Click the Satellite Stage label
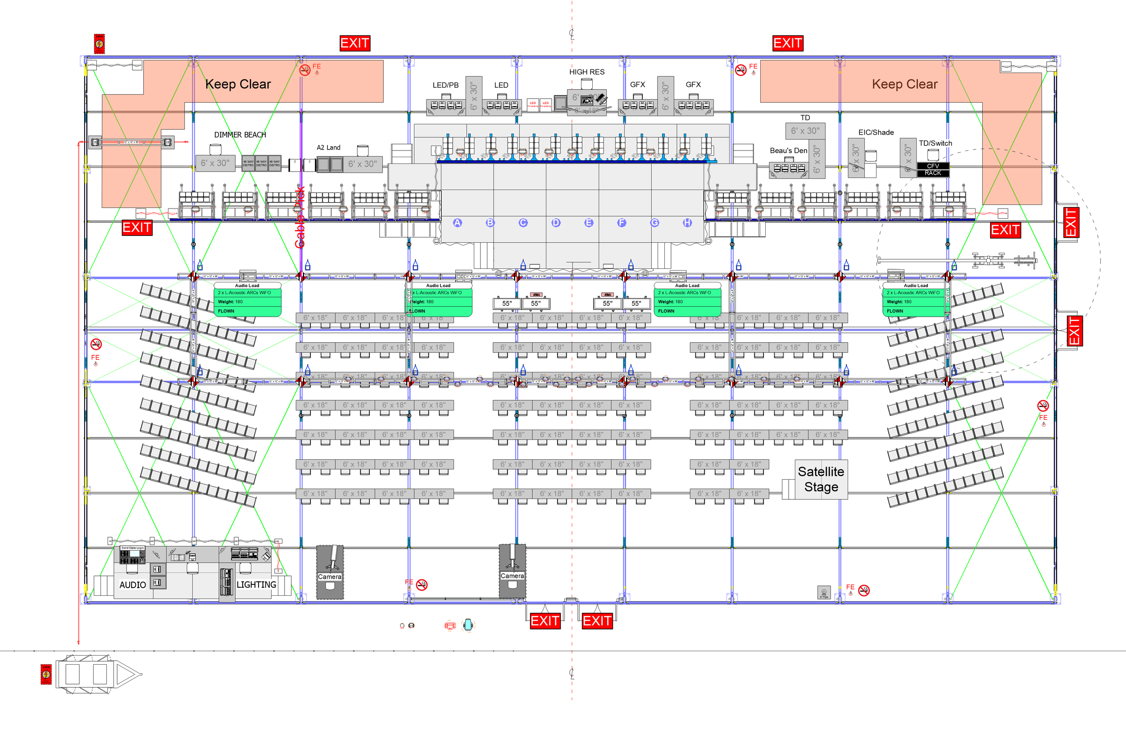[821, 479]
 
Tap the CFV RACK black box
[932, 169]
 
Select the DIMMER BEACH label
[240, 135]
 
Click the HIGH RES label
[587, 72]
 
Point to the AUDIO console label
[132, 585]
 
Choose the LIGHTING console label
[256, 585]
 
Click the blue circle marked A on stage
[457, 223]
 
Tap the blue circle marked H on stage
[687, 223]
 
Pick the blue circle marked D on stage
[556, 223]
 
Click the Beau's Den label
[788, 150]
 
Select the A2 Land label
[328, 148]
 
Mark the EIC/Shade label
[876, 132]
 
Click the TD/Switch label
[935, 143]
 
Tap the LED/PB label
[445, 85]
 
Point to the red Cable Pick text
[300, 218]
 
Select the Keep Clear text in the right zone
[904, 84]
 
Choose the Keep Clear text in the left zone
[238, 84]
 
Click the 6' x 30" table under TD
[805, 131]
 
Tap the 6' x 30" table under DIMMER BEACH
[215, 163]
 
